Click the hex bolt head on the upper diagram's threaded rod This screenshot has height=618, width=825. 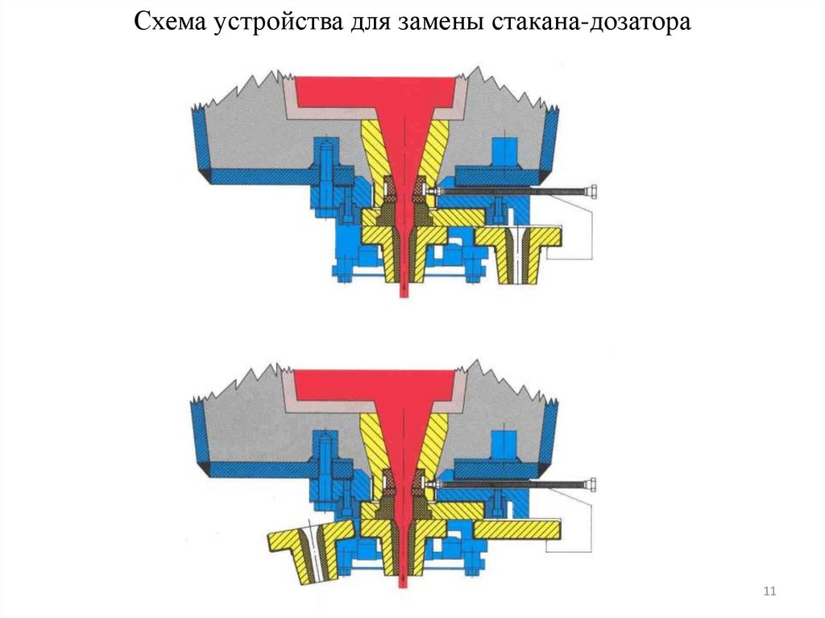tap(592, 192)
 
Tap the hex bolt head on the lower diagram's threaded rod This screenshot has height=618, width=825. tap(592, 484)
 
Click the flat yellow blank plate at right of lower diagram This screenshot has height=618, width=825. tap(516, 529)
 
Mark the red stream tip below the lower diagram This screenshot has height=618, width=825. tap(404, 582)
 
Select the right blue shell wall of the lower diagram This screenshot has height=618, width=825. tap(550, 435)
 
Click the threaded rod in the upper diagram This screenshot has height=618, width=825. tap(516, 192)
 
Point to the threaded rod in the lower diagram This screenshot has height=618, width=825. tap(516, 484)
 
